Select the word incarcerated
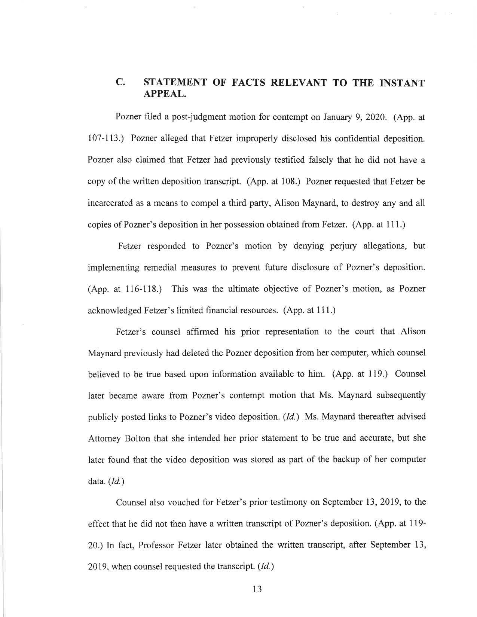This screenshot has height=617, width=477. [108, 203]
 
